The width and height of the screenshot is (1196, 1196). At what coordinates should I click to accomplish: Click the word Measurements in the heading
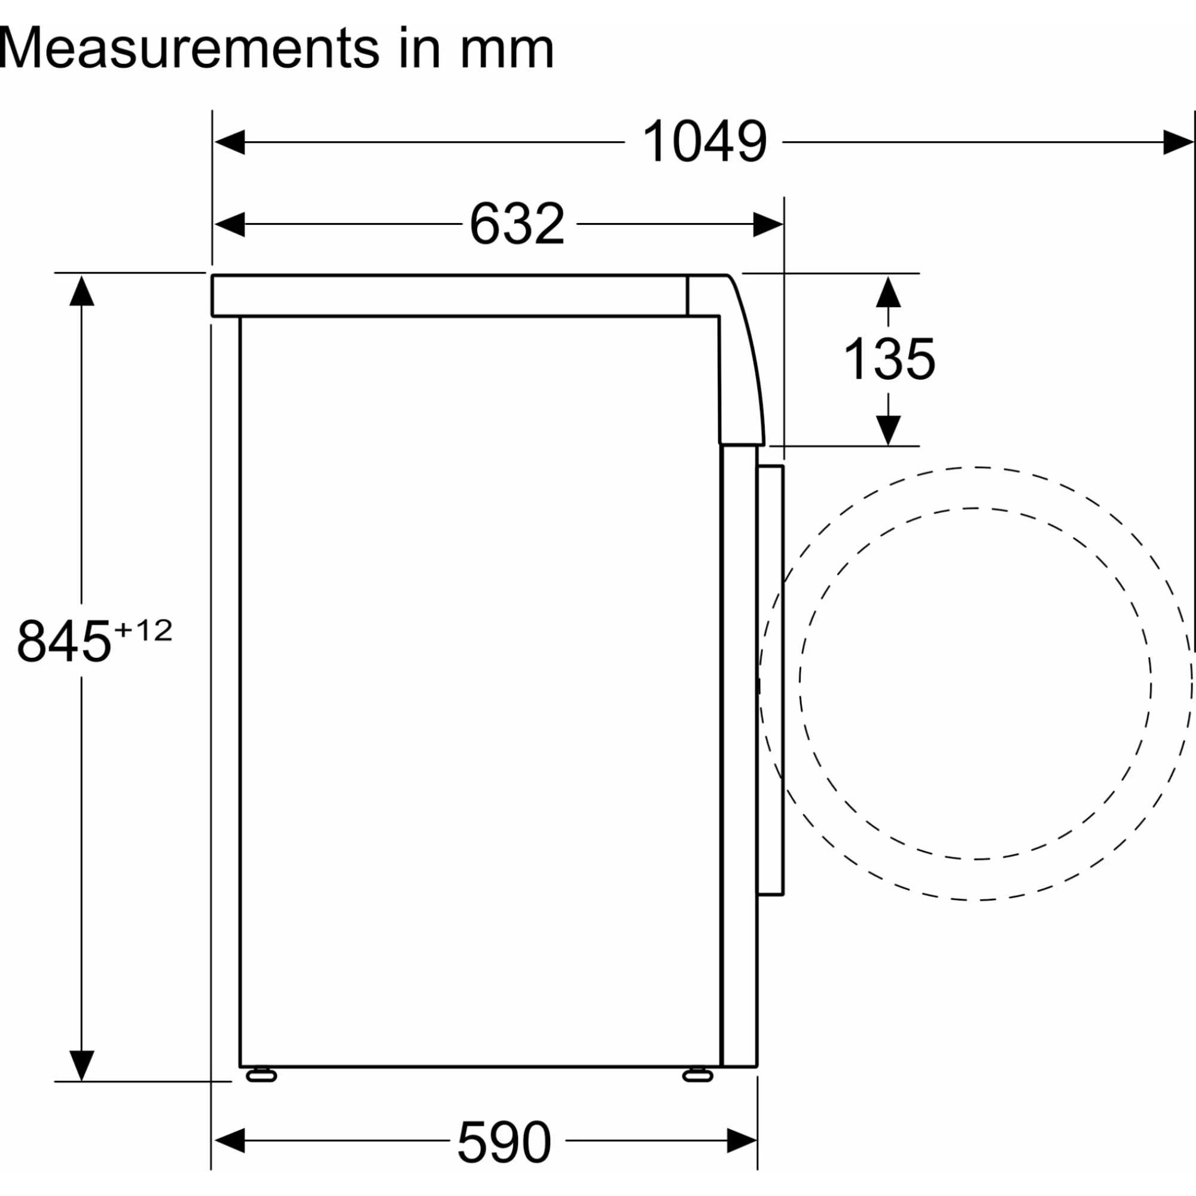190,48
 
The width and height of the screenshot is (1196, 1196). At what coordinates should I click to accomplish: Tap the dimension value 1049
704,142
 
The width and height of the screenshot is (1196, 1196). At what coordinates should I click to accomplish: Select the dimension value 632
517,224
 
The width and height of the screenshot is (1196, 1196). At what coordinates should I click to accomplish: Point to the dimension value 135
889,359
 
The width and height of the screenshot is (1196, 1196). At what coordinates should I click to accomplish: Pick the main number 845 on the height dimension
64,641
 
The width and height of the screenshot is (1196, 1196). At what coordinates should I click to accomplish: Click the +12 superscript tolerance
143,630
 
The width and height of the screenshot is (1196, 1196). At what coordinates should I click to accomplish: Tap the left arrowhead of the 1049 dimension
229,142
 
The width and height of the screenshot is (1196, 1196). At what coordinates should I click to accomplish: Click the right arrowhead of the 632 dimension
768,224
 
